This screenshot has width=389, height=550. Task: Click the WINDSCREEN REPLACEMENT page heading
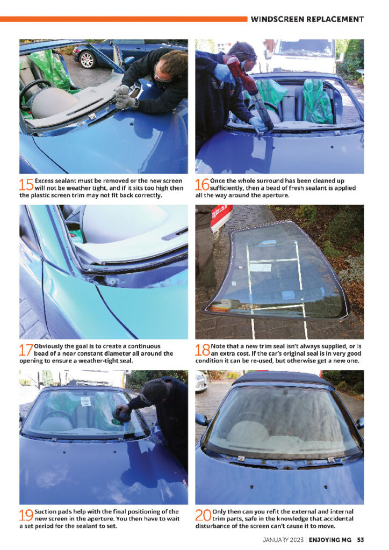[307, 19]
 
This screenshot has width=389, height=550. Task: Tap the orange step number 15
[26, 185]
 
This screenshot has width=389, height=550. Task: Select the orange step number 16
[203, 185]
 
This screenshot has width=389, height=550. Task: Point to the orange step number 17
[26, 350]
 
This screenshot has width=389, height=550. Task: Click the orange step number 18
[203, 350]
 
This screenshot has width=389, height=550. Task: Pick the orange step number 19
[26, 515]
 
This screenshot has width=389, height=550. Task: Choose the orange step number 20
[204, 515]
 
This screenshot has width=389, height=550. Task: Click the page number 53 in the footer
[360, 540]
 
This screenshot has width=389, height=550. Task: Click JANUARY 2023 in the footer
[283, 540]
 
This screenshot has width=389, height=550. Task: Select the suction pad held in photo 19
[121, 416]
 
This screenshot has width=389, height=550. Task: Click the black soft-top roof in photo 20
[283, 379]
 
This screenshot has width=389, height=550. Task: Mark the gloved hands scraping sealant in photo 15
[124, 97]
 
